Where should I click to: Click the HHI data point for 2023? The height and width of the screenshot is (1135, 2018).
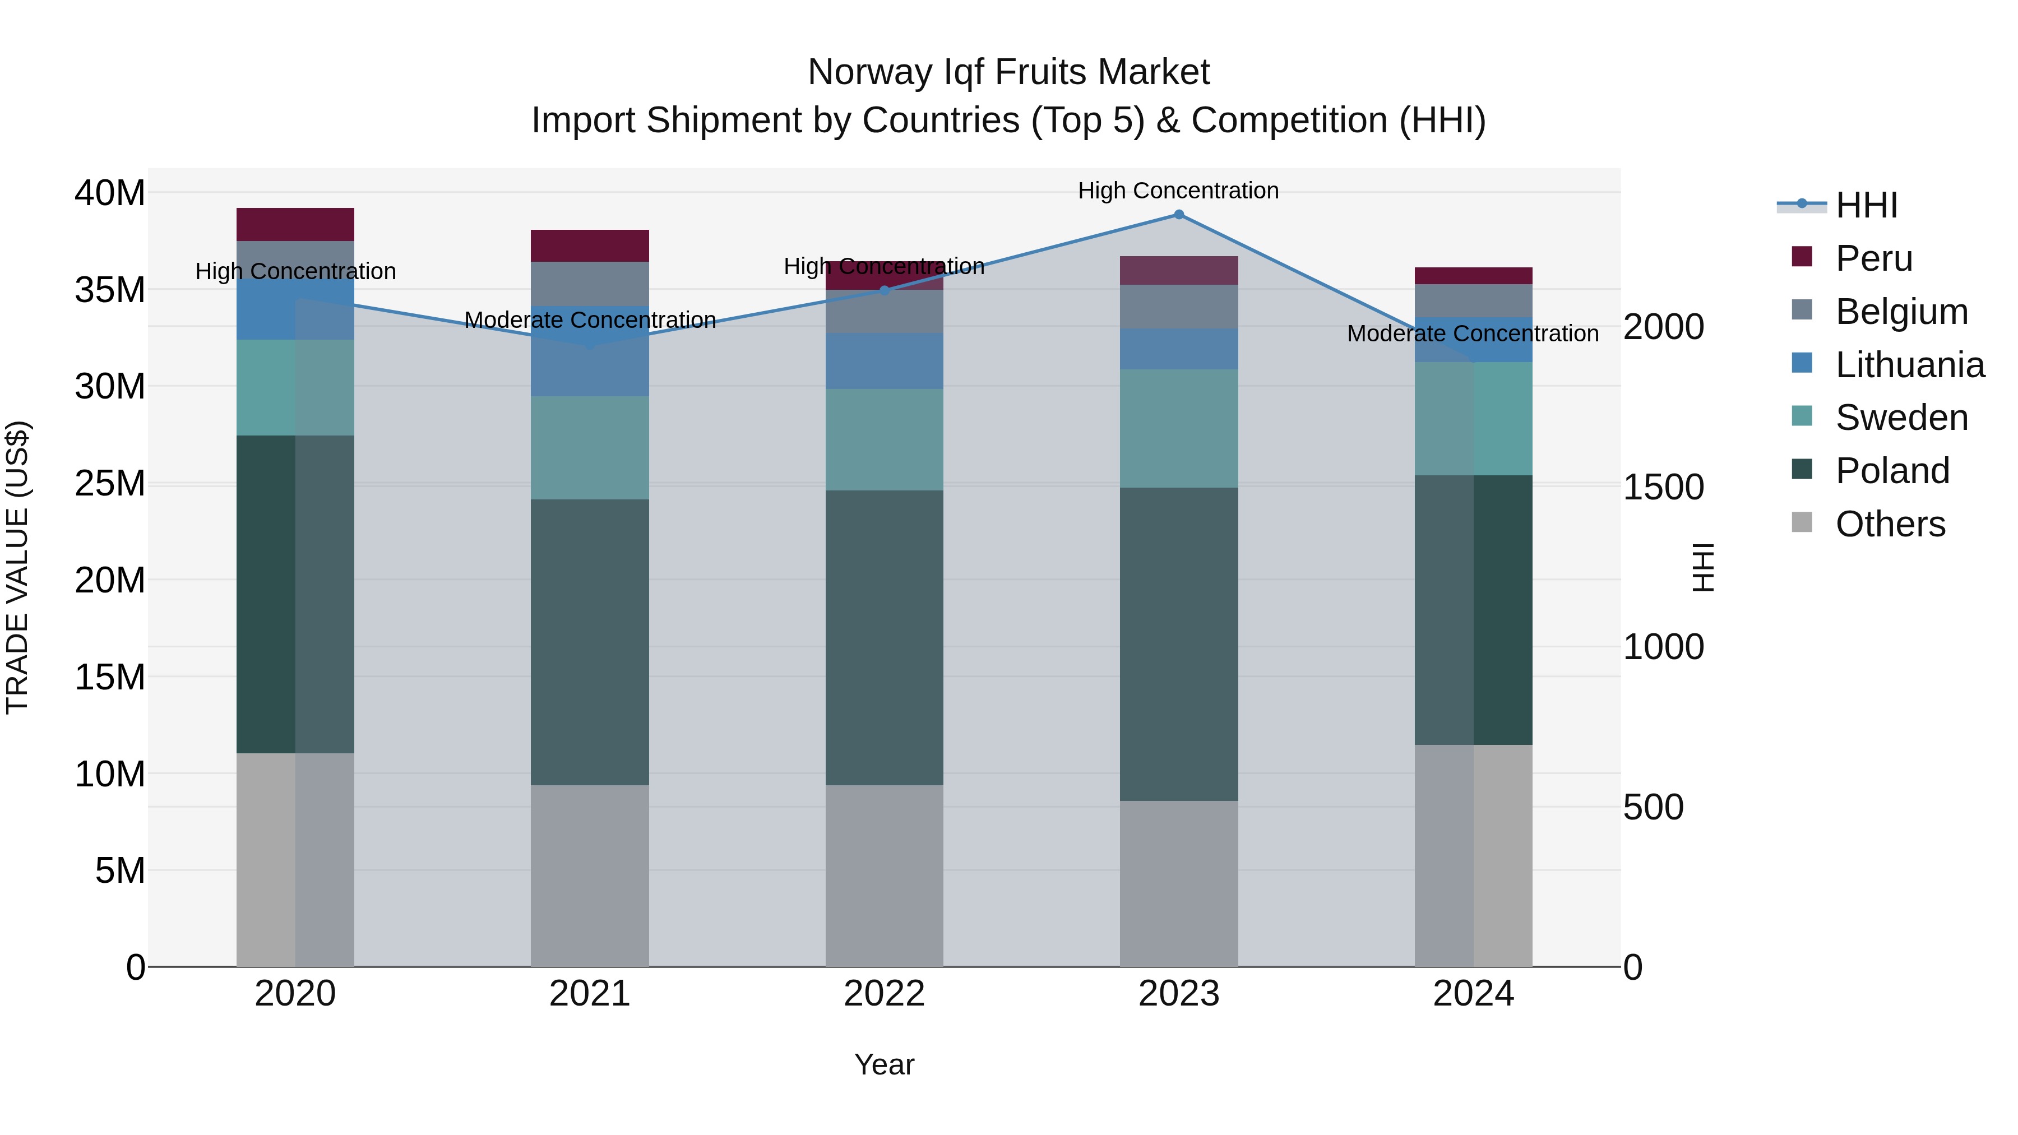tap(1178, 214)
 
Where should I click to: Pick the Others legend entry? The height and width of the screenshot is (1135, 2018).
tap(1890, 524)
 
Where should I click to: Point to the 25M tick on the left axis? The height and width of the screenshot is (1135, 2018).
tap(110, 483)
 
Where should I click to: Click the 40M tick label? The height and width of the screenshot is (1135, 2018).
tap(110, 193)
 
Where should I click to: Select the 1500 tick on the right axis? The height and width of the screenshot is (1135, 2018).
tap(1663, 487)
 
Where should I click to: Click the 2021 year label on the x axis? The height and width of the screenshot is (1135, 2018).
tap(589, 994)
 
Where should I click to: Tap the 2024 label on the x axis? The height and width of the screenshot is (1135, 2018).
tap(1473, 994)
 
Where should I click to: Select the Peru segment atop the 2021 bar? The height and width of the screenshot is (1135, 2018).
tap(589, 245)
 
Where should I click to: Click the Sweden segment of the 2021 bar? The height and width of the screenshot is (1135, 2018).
tap(589, 447)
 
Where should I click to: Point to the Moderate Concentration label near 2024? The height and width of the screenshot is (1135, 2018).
tap(1472, 333)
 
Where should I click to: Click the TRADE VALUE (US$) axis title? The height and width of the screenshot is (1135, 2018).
tap(18, 567)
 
